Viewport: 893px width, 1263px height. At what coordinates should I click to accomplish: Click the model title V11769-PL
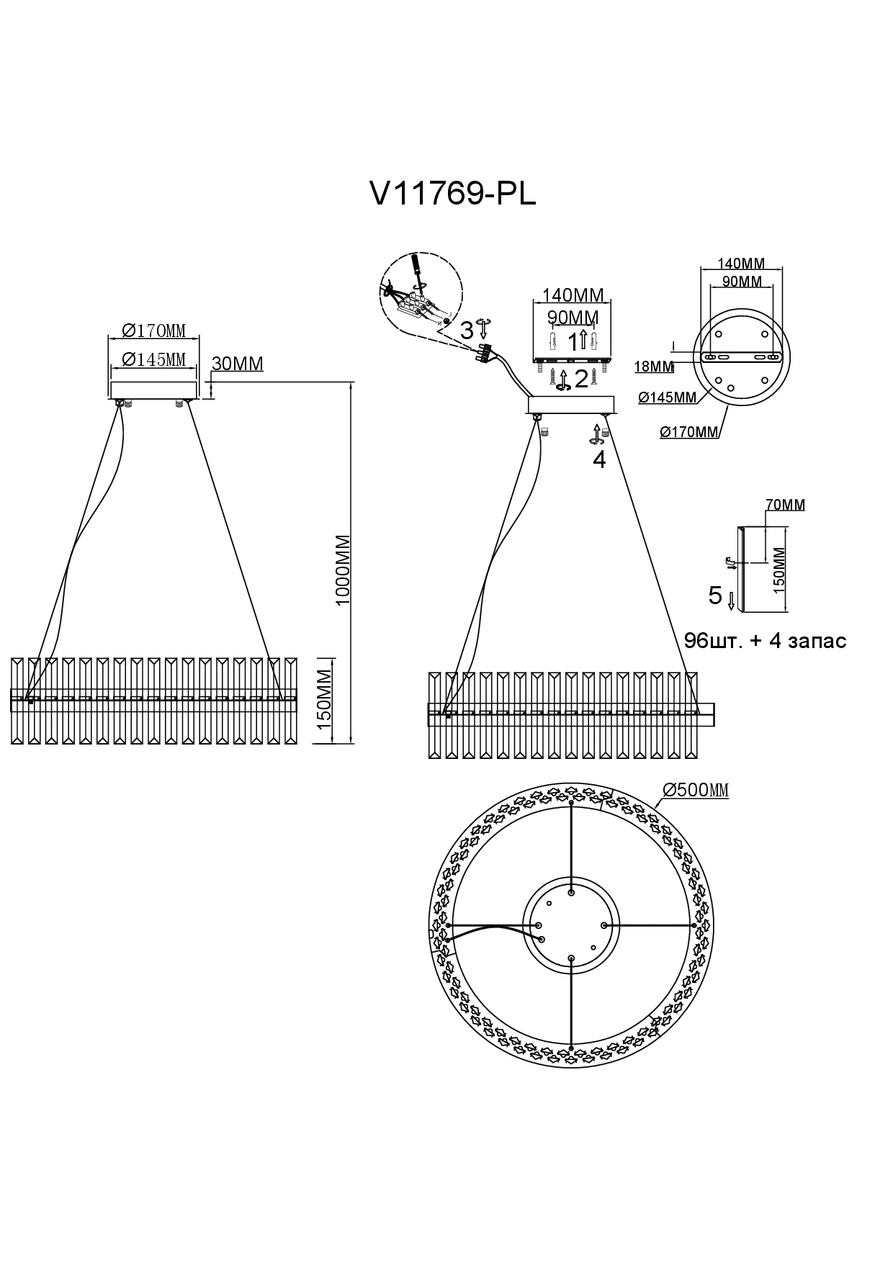pyautogui.click(x=452, y=193)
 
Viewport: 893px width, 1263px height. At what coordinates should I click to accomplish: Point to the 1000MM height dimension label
pyautogui.click(x=343, y=570)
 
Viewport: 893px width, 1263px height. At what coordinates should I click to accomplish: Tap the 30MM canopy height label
pyautogui.click(x=238, y=364)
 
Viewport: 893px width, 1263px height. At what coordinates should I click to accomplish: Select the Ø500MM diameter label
pyautogui.click(x=696, y=790)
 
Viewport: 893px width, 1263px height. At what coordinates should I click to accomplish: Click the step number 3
pyautogui.click(x=467, y=331)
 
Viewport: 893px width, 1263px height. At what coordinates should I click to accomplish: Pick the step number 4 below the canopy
pyautogui.click(x=599, y=459)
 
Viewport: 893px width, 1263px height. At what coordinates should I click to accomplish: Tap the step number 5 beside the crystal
pyautogui.click(x=715, y=595)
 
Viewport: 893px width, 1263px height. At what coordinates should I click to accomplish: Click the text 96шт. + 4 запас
pyautogui.click(x=765, y=640)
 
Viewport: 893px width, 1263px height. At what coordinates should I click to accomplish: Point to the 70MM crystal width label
pyautogui.click(x=785, y=505)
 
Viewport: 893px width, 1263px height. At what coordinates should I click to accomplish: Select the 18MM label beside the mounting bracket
pyautogui.click(x=654, y=367)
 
